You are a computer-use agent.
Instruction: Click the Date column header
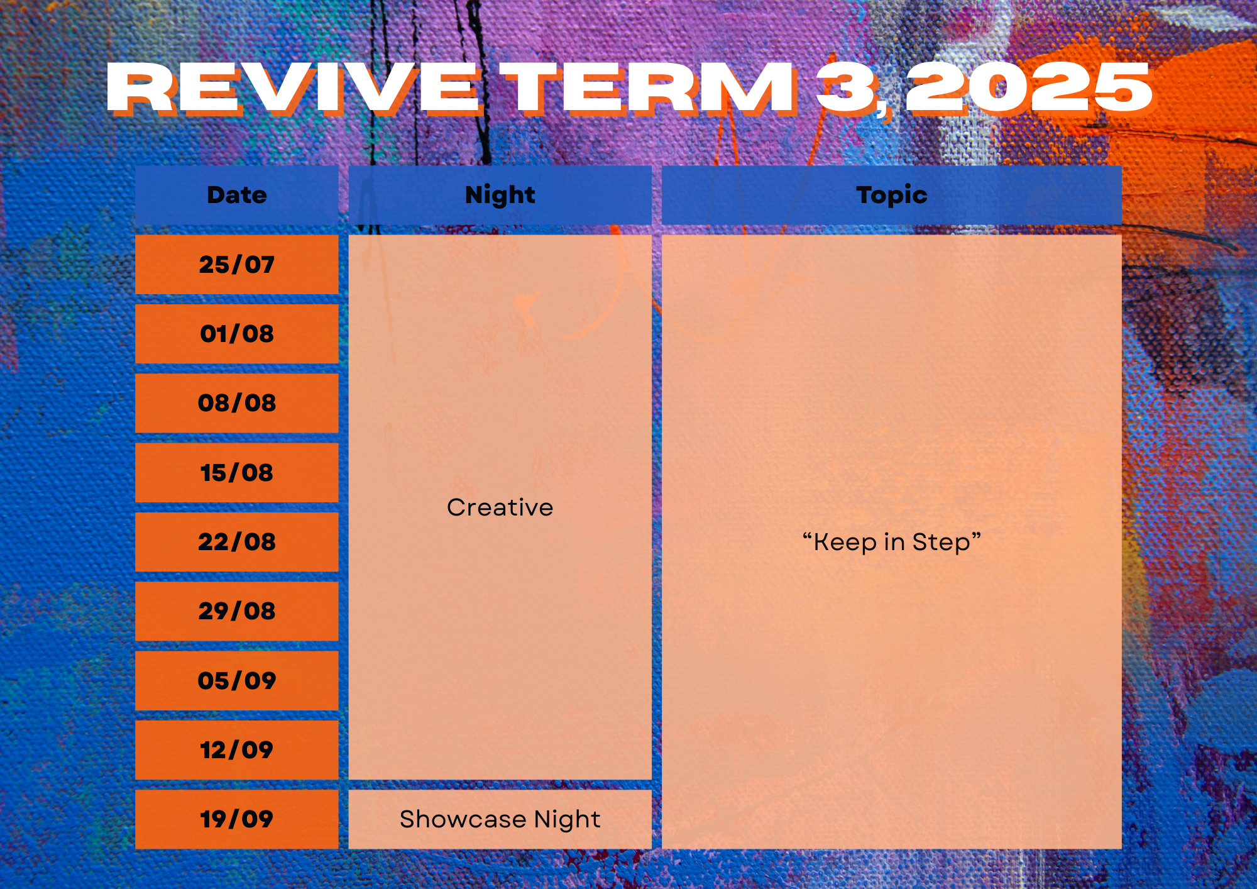pyautogui.click(x=237, y=195)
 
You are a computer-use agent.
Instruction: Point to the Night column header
pyautogui.click(x=500, y=195)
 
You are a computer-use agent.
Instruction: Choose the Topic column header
pyautogui.click(x=892, y=195)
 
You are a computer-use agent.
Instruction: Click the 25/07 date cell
pyautogui.click(x=237, y=265)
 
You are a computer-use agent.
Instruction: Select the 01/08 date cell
pyautogui.click(x=237, y=334)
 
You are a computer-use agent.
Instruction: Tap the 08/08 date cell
pyautogui.click(x=237, y=403)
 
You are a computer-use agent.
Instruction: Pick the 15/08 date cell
pyautogui.click(x=237, y=473)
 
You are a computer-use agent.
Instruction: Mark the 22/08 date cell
pyautogui.click(x=237, y=542)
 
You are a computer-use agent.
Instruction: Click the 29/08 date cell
pyautogui.click(x=237, y=611)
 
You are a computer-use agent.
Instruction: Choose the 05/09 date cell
pyautogui.click(x=237, y=681)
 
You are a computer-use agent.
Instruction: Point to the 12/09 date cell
pyautogui.click(x=237, y=750)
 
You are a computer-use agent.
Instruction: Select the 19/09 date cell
pyautogui.click(x=237, y=819)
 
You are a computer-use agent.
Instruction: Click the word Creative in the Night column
pyautogui.click(x=500, y=507)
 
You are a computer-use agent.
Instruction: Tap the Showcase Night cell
pyautogui.click(x=500, y=819)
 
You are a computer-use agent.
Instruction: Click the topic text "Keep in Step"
pyautogui.click(x=892, y=542)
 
